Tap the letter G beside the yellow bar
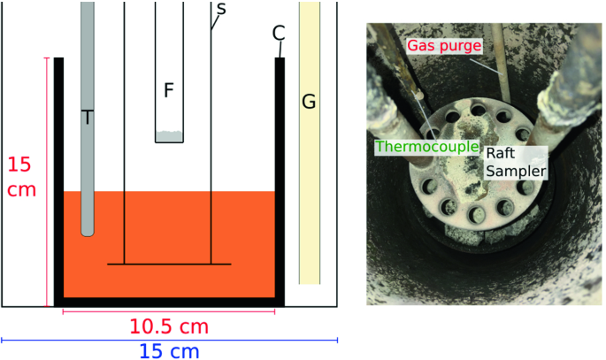(309, 103)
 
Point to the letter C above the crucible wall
(279, 34)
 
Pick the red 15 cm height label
(21, 177)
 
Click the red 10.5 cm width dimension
(169, 326)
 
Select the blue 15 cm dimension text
(169, 349)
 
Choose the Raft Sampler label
(514, 161)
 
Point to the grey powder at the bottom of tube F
(169, 137)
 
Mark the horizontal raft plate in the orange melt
(169, 264)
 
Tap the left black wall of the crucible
(58, 177)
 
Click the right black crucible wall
(280, 177)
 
